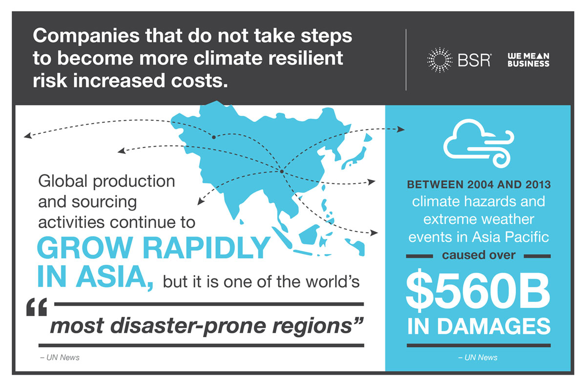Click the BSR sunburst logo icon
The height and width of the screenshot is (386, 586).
point(440,60)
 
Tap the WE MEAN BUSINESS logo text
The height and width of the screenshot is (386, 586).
point(528,60)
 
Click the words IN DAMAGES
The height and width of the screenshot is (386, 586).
point(478,327)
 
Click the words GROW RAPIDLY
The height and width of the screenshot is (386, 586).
point(153,249)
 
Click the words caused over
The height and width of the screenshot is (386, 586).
point(478,256)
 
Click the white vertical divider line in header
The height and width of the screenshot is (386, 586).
point(406,60)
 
